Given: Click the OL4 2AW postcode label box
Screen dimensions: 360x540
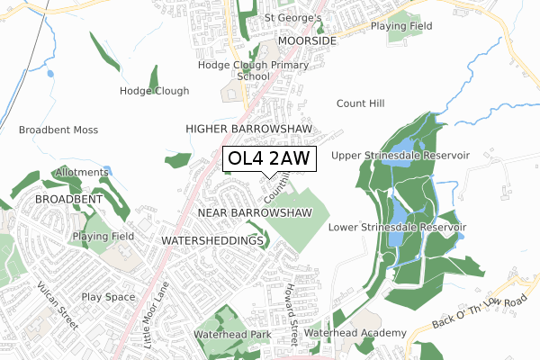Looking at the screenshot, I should (x=269, y=159).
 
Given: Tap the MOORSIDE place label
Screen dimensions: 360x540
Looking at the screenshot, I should (x=307, y=41).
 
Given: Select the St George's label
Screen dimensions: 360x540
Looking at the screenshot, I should (x=292, y=18).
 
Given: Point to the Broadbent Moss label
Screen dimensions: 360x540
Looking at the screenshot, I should (x=58, y=130).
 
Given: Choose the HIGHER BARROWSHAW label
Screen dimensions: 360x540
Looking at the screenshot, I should (x=248, y=130).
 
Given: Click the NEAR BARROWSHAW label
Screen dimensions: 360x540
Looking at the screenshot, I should (x=254, y=212).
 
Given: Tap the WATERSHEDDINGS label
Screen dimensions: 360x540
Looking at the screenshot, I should (x=213, y=241).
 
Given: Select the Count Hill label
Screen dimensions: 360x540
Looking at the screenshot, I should (x=360, y=103).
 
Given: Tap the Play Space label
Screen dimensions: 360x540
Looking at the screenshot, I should (x=108, y=296).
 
